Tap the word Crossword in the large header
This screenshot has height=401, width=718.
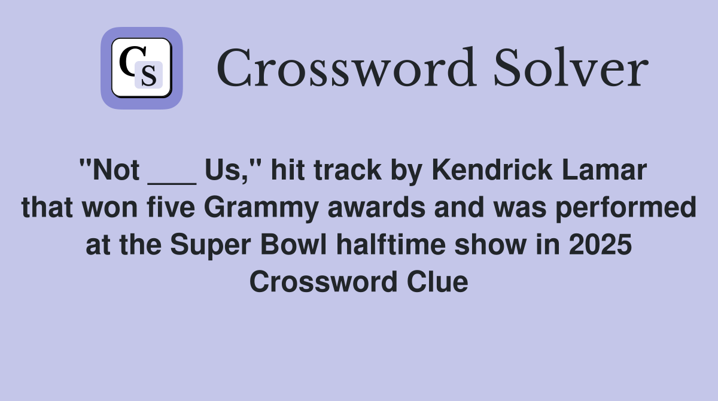click(x=347, y=68)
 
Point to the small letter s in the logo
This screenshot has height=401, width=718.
click(x=149, y=76)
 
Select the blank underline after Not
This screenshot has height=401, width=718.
click(x=172, y=180)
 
